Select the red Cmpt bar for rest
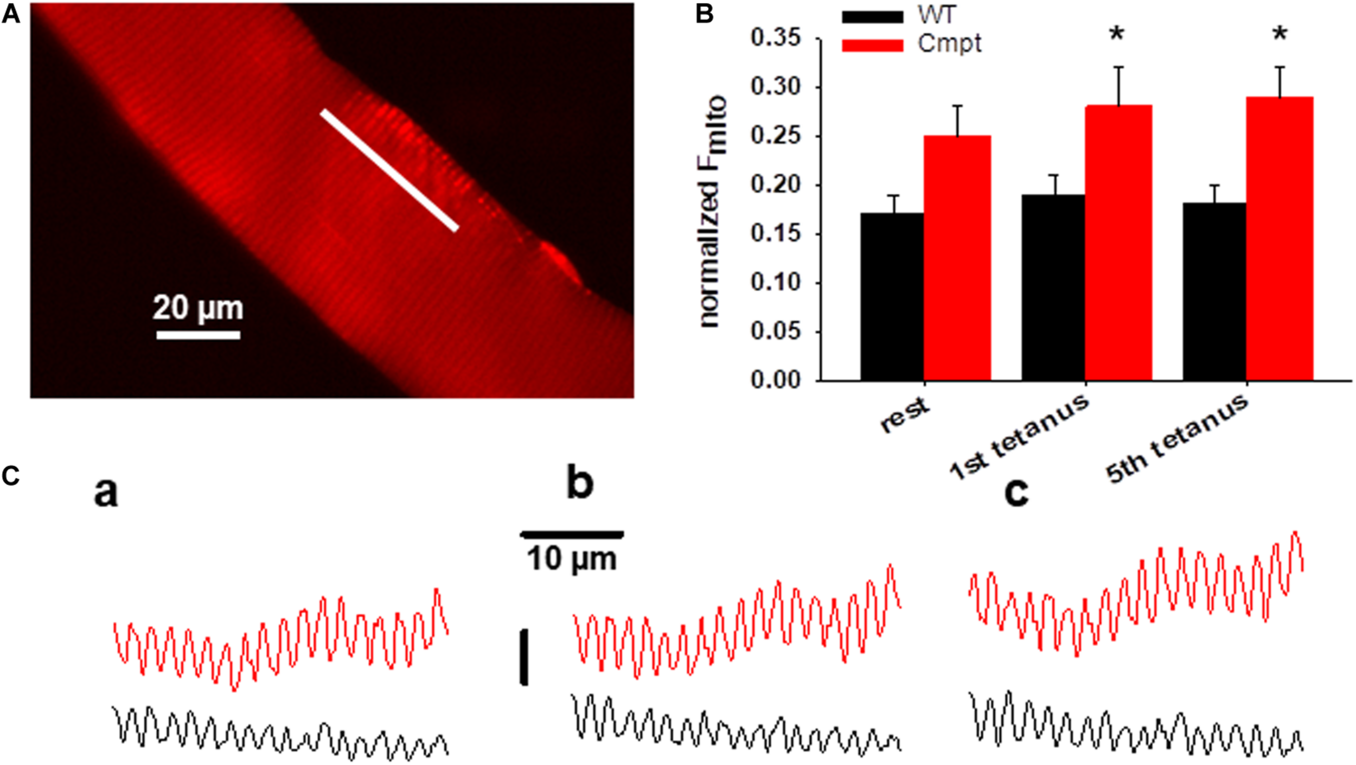pos(957,258)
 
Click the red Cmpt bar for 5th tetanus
pos(1280,239)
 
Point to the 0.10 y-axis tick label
pos(776,283)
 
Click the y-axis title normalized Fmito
pos(712,212)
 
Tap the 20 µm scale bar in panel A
pos(198,335)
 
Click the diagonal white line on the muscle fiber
pos(389,170)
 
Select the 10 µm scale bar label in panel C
pos(572,559)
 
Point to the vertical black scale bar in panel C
pos(523,657)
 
